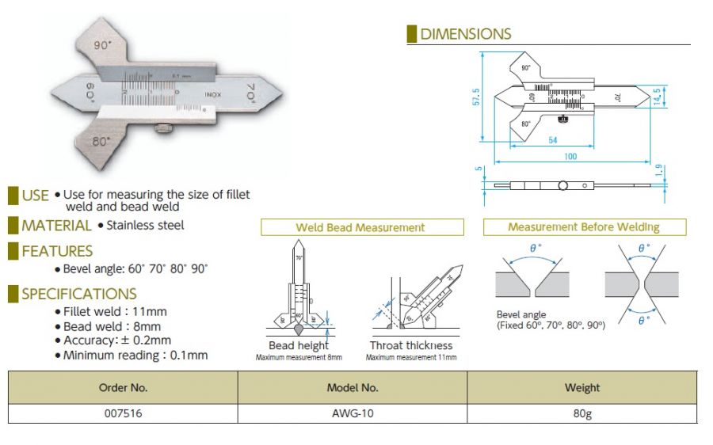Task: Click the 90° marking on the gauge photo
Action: [x=100, y=47]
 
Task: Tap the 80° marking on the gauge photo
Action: [x=101, y=142]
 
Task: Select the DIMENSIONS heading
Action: [x=465, y=34]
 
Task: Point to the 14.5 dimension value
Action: [x=657, y=96]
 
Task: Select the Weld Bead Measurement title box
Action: [x=360, y=227]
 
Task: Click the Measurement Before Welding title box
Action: [x=584, y=227]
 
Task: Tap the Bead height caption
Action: [x=299, y=345]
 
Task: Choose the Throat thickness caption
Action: [x=411, y=345]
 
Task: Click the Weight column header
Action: [x=582, y=388]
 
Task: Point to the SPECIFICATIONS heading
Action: [x=79, y=294]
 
